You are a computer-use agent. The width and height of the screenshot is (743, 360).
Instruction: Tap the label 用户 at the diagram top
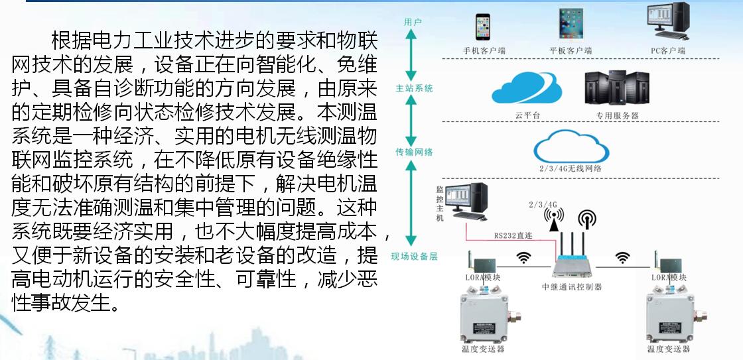coord(413,22)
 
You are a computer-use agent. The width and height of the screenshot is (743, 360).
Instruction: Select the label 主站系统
coord(414,88)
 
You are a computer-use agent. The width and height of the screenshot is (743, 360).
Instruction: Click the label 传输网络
coord(414,152)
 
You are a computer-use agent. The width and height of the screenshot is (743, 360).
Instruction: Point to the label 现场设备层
coord(414,257)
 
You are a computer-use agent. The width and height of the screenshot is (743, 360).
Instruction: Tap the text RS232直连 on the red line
coord(513,235)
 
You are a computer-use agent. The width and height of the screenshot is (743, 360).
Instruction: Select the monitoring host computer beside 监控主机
coord(468,202)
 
